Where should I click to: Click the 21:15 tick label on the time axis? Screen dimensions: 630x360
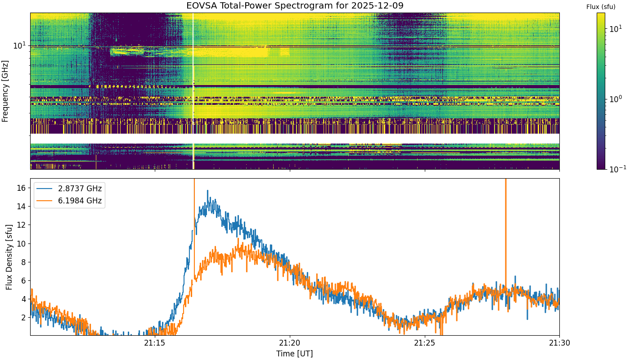click(x=155, y=343)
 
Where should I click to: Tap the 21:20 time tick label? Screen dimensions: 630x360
click(x=290, y=343)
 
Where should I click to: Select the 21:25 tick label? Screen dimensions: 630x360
click(x=425, y=343)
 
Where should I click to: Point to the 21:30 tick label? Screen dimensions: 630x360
click(x=559, y=343)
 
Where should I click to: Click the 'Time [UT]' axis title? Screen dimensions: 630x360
click(x=294, y=354)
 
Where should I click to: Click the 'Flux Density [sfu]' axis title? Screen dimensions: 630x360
click(x=9, y=257)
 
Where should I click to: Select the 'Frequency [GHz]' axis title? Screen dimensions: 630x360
click(x=5, y=91)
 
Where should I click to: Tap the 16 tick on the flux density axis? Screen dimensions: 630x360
click(x=21, y=188)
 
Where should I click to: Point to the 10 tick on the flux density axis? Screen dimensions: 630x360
click(x=21, y=243)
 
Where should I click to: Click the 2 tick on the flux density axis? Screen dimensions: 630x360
click(x=23, y=318)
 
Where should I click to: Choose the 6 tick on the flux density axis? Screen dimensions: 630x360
click(x=23, y=281)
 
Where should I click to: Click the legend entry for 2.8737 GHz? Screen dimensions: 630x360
click(x=69, y=189)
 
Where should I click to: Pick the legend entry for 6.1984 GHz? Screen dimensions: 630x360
click(x=69, y=201)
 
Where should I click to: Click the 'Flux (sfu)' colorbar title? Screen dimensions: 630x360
click(x=601, y=7)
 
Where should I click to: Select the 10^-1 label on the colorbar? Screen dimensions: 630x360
click(x=617, y=168)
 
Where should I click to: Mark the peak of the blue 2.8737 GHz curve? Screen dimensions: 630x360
click(x=208, y=190)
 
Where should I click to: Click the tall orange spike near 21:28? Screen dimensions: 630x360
click(x=506, y=234)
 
